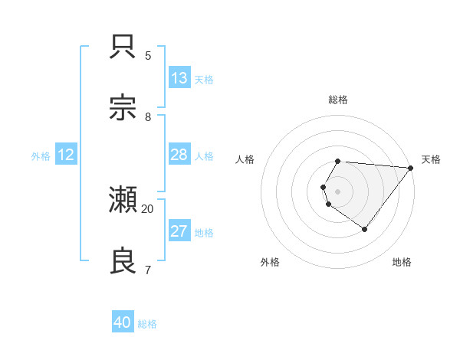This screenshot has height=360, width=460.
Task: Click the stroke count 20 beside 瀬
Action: tap(148, 208)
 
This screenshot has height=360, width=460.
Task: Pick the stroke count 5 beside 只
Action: tap(148, 55)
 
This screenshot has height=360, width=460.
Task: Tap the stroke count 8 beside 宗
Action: tap(148, 116)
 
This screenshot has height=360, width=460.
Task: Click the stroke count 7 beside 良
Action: tap(148, 270)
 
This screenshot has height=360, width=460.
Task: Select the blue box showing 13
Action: tap(179, 78)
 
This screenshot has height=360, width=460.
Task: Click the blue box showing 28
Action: tap(179, 155)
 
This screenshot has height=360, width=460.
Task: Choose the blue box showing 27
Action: tap(179, 231)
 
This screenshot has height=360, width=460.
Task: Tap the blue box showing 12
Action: tap(66, 155)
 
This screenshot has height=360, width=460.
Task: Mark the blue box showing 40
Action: tap(123, 322)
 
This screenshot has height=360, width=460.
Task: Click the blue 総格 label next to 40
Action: tap(147, 324)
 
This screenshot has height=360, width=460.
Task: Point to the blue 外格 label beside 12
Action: tap(41, 156)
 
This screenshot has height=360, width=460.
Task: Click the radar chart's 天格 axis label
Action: tap(431, 159)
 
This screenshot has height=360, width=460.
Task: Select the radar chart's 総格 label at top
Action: tap(338, 100)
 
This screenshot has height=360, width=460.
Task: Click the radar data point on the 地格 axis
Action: tap(364, 229)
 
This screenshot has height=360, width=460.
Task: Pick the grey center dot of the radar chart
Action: tap(338, 191)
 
